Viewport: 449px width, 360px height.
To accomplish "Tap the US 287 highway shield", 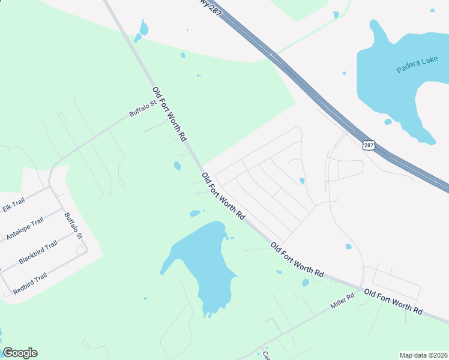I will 369,145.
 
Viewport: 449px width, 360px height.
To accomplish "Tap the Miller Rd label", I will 343,302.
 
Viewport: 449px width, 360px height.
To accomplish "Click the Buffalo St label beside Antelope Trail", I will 73,226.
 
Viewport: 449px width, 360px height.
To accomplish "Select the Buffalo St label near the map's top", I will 142,108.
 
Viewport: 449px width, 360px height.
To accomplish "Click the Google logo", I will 20,353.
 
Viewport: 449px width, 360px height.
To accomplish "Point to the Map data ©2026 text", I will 423,355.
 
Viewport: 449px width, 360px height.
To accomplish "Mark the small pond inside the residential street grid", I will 302,181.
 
